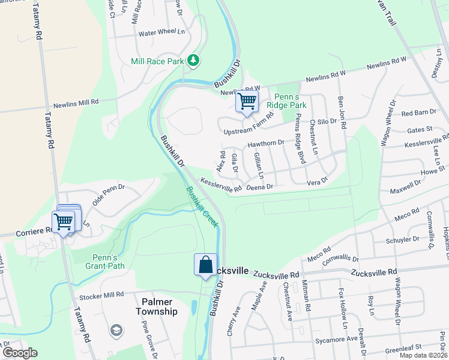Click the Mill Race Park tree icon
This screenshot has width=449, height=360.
193,60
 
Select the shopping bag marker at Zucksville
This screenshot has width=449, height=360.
205,265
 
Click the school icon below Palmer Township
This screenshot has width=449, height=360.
116,330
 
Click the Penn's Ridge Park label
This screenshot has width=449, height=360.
291,101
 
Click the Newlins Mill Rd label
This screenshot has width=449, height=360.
76,103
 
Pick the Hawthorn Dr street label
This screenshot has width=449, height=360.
265,143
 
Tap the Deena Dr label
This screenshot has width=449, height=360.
260,187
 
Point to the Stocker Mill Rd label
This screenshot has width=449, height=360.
100,295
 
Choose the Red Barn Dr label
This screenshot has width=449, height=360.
418,113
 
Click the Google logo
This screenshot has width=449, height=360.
20,353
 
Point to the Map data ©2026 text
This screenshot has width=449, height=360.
423,355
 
